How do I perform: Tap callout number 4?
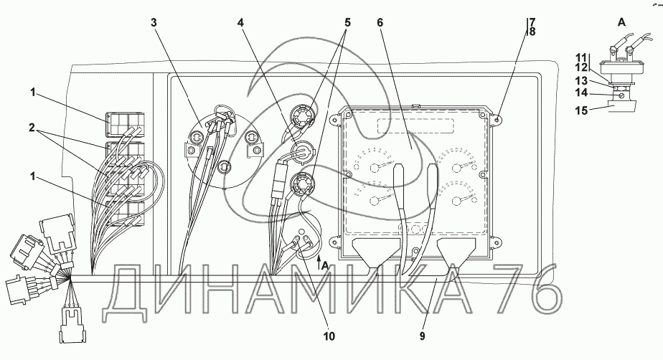240,22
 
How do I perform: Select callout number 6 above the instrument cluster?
380,22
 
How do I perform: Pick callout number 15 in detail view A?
581,110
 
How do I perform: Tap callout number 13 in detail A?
581,80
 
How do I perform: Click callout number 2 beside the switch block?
32,127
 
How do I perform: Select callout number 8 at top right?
532,32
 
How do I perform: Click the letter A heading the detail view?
621,22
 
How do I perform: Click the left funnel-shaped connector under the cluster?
375,255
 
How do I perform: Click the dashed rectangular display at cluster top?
415,126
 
